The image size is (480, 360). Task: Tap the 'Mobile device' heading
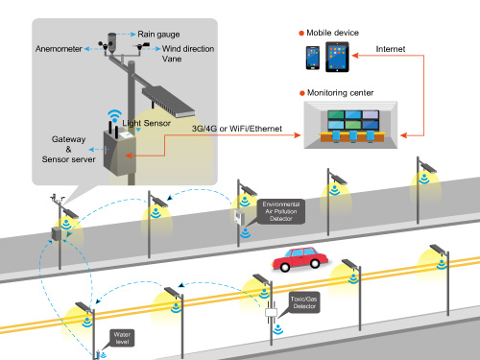pyautogui.click(x=331, y=32)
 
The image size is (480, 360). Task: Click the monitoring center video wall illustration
pyautogui.click(x=352, y=123)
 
